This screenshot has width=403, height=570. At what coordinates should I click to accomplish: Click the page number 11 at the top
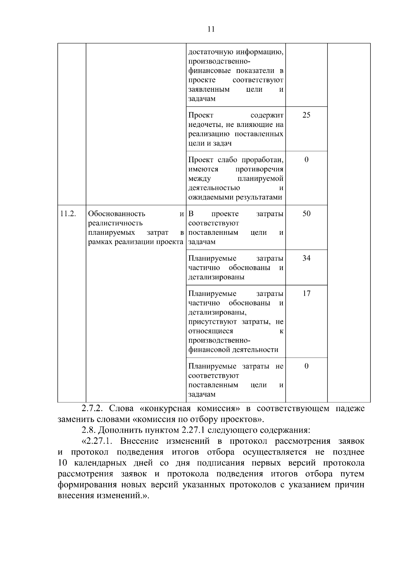click(x=211, y=29)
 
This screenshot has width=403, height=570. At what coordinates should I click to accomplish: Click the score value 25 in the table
click(x=306, y=115)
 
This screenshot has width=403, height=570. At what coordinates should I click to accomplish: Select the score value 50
click(x=306, y=214)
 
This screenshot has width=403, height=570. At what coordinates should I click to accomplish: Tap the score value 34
click(x=306, y=258)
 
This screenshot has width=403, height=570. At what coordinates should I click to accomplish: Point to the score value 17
click(x=306, y=294)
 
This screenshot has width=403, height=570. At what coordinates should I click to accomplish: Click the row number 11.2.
click(x=68, y=214)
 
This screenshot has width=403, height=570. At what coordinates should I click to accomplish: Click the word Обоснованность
click(x=117, y=214)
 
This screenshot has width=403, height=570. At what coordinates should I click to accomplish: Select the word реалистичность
click(x=115, y=223)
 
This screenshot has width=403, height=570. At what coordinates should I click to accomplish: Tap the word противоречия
click(x=259, y=169)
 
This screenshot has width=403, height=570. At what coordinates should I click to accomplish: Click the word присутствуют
click(x=213, y=322)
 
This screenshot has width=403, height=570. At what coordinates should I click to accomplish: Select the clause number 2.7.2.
click(x=91, y=409)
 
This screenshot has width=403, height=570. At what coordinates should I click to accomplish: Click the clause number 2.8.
click(x=89, y=430)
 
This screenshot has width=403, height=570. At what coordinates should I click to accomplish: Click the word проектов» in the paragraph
click(x=244, y=420)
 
